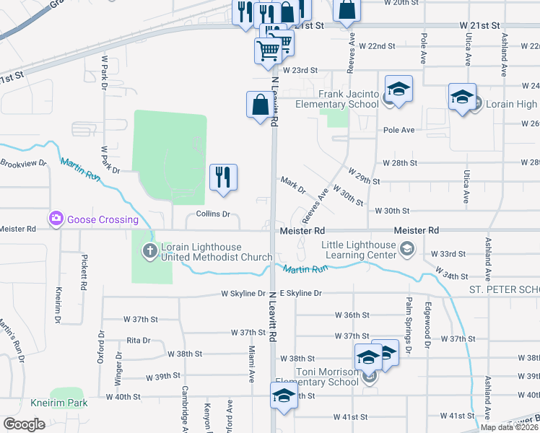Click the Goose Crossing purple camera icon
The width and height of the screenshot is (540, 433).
click(56, 219)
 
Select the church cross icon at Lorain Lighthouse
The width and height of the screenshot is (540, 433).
click(149, 251)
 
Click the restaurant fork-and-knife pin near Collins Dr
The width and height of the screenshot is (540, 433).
click(224, 177)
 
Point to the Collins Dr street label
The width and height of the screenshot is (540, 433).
click(213, 214)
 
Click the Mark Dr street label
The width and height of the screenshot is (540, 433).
click(293, 185)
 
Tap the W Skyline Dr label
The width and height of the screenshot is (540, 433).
click(243, 294)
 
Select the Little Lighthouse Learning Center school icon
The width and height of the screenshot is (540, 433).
click(406, 250)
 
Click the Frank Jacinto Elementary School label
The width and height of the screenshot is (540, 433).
click(349, 100)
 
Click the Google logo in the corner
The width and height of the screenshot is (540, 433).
click(24, 424)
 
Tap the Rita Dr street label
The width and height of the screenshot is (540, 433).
click(138, 340)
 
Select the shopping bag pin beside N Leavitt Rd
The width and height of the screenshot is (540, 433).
click(260, 105)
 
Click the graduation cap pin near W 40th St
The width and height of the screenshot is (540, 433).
click(284, 395)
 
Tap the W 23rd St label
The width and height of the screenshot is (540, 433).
click(300, 70)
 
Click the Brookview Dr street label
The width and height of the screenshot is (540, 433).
click(23, 164)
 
